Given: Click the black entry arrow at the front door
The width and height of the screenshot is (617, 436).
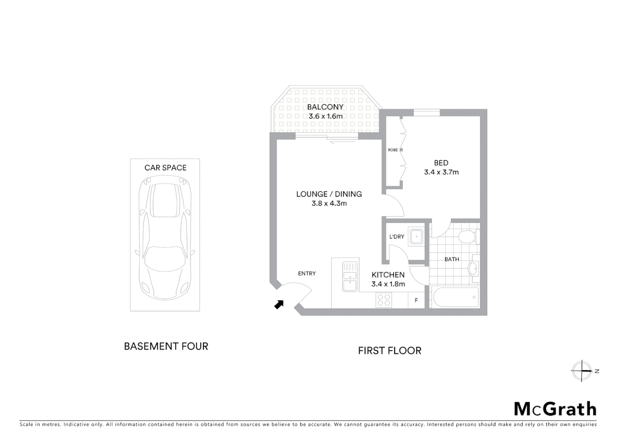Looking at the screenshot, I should [x=279, y=304].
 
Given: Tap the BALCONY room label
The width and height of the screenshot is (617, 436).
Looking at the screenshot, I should [x=325, y=107].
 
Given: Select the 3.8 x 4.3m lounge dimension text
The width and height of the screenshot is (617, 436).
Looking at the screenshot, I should [x=329, y=203].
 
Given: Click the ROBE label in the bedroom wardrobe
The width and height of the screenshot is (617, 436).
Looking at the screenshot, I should [x=392, y=150].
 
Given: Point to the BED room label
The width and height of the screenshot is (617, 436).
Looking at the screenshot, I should [x=441, y=163].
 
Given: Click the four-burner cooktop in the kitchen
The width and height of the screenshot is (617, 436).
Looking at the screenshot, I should [x=383, y=300].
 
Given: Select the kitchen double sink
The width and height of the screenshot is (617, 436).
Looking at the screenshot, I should [x=350, y=277].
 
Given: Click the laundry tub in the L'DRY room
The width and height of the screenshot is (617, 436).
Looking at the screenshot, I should [x=416, y=237].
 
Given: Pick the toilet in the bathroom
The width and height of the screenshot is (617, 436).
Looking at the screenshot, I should [x=470, y=236].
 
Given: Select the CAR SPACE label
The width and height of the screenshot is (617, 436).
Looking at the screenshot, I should [x=166, y=168].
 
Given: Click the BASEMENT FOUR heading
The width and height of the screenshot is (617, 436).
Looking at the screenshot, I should [x=166, y=346].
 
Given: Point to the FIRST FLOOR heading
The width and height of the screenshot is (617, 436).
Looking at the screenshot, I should [x=390, y=351].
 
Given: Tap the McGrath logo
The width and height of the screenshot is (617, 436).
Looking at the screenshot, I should [x=555, y=409].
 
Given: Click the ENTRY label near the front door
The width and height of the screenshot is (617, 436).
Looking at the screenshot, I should [x=307, y=274].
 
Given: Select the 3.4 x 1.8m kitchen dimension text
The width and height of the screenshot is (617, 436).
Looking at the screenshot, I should [x=388, y=284].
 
